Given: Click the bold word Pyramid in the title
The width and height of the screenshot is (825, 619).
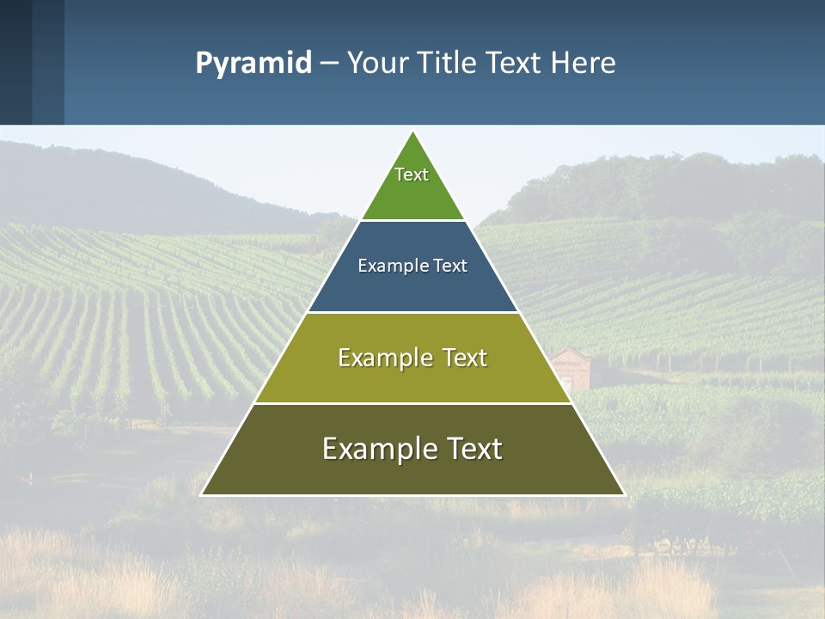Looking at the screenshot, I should click(x=254, y=64).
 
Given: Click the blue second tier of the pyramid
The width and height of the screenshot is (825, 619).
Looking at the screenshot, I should click(x=412, y=288).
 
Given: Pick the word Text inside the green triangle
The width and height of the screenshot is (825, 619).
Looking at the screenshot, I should click(x=412, y=175).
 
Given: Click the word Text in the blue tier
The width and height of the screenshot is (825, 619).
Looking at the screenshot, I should click(x=450, y=267).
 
